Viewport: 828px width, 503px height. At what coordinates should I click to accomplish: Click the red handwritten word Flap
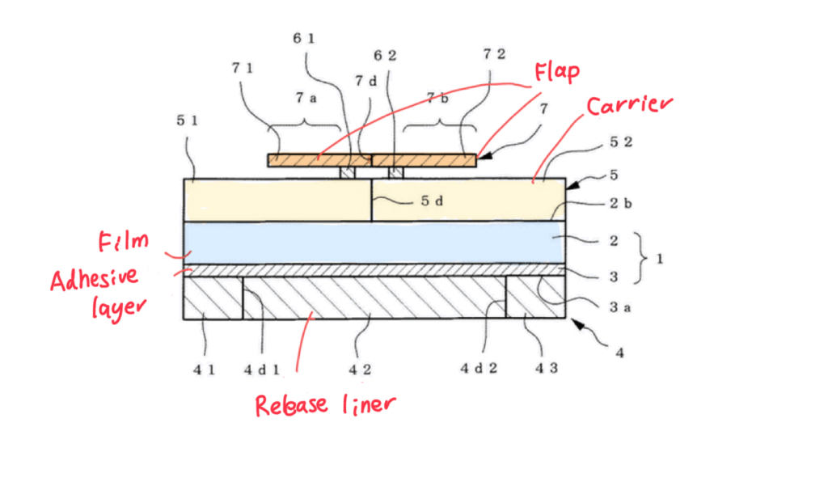(x=556, y=74)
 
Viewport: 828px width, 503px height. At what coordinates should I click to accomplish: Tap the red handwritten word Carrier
(x=629, y=106)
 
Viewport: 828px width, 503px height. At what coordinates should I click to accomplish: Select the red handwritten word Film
(x=123, y=241)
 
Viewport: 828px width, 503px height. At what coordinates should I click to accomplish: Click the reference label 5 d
(x=433, y=201)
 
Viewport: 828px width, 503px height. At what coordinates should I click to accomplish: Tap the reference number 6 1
(x=305, y=38)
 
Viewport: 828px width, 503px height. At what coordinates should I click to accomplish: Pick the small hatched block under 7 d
(x=348, y=173)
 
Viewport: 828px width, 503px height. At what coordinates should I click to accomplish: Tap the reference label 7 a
(x=305, y=98)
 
